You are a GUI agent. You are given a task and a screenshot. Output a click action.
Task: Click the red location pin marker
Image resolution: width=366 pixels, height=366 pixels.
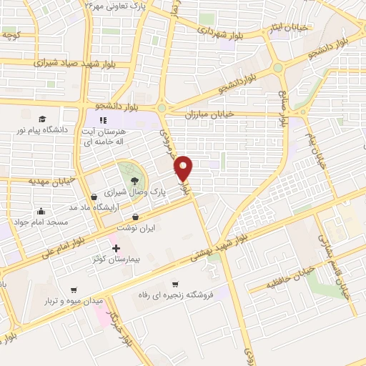click(x=184, y=167)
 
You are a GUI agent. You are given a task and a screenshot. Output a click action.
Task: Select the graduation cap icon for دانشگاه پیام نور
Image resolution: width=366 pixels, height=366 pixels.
click(x=42, y=119)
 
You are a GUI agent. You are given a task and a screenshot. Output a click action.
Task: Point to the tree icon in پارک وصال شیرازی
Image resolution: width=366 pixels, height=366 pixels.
click(x=135, y=180)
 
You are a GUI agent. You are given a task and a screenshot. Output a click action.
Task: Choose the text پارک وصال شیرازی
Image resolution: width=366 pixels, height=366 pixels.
click(x=137, y=193)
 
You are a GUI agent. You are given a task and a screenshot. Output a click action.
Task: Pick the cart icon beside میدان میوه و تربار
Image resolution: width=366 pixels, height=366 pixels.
click(x=74, y=290)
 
